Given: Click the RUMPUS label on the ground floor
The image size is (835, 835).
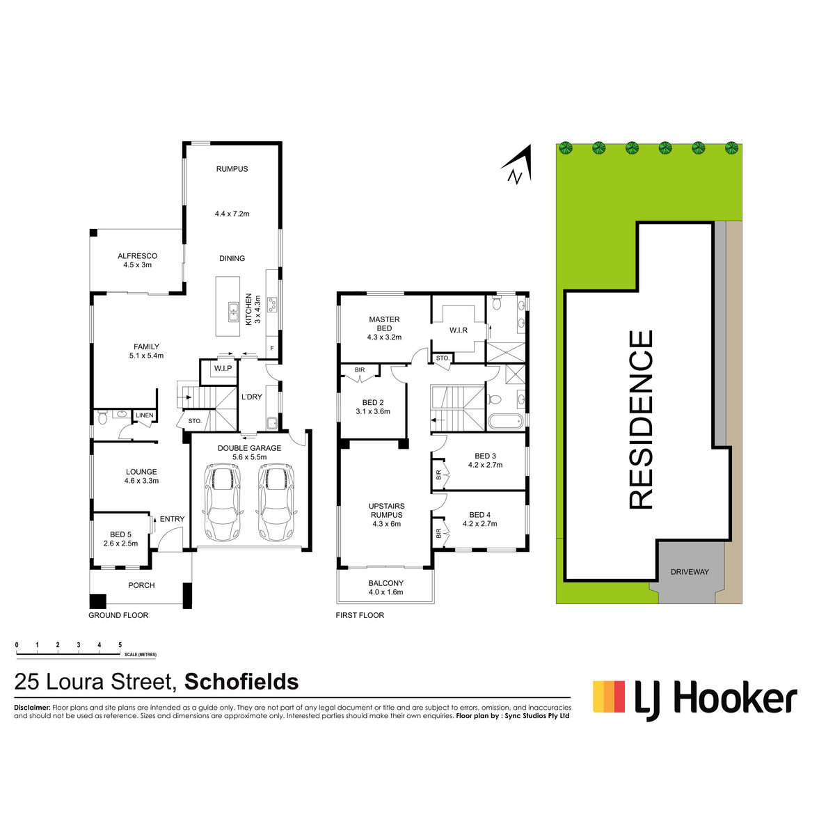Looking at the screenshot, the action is (x=232, y=169).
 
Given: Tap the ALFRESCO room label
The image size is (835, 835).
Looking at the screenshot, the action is (x=137, y=256).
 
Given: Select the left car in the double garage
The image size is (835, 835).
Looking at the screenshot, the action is (x=222, y=502).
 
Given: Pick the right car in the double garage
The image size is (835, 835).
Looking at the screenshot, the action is (x=276, y=502).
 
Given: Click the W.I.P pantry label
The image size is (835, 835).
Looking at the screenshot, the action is (x=223, y=368).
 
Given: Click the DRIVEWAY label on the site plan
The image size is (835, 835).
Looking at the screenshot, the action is (x=690, y=572).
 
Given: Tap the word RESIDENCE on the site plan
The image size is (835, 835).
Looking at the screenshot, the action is (x=640, y=420).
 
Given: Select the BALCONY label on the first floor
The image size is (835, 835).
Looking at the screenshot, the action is (x=385, y=583).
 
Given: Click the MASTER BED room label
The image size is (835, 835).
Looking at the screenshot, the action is (x=384, y=324).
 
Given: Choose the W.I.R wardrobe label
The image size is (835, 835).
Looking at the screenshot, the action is (x=458, y=331).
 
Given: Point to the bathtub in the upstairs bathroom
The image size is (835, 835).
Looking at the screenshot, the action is (x=505, y=421).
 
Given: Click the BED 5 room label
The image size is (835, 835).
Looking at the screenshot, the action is (x=120, y=534).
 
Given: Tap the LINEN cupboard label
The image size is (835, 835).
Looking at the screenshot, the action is (x=144, y=415).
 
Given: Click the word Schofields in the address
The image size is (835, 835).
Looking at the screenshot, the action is (x=241, y=682).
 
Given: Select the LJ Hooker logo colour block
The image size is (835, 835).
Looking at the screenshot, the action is (x=609, y=697).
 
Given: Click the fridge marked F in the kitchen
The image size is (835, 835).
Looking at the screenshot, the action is (x=272, y=348).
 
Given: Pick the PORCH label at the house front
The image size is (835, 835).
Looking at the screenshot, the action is (x=141, y=585).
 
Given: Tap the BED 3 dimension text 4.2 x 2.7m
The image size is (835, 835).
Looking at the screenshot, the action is (x=485, y=465).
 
